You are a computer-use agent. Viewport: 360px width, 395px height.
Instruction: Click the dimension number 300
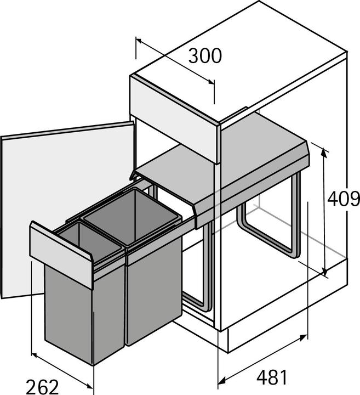(205, 56)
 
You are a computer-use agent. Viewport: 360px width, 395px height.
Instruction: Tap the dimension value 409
(343, 199)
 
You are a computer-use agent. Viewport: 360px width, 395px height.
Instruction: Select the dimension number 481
(272, 377)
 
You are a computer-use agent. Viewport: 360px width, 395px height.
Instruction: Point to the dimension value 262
(42, 387)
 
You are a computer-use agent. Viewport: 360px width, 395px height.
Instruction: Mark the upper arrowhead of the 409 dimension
(325, 151)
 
